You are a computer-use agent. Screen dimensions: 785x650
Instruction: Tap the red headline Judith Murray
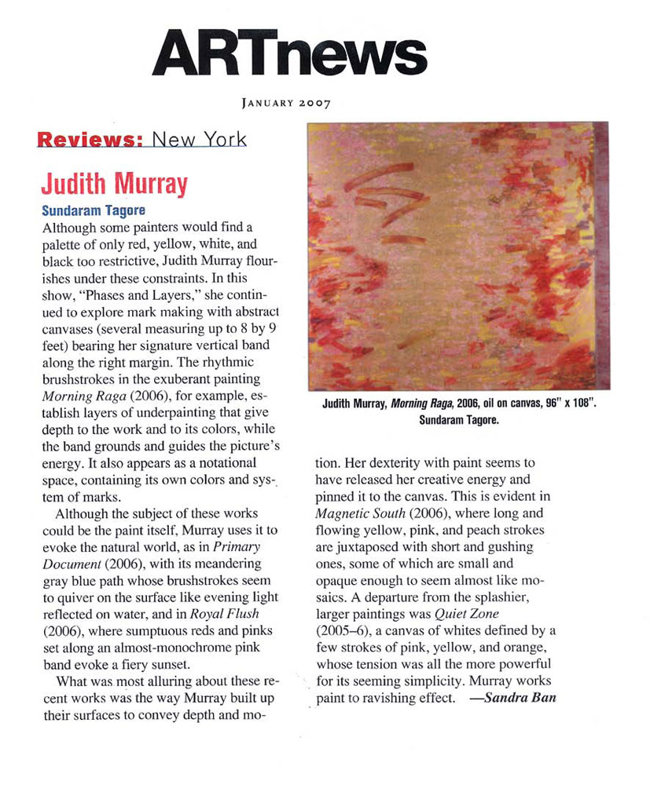[x=114, y=184]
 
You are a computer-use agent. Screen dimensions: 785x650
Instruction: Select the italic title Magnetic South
[x=358, y=513]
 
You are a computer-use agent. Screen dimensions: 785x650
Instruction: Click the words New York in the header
[x=199, y=140]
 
